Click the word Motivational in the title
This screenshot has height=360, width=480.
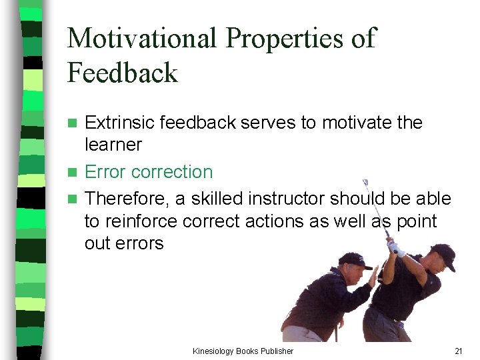point(142,39)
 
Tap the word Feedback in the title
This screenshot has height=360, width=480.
point(122,72)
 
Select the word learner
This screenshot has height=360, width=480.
point(113,144)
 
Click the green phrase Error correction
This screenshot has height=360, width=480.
point(149,171)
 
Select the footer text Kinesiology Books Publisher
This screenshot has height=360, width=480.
point(243,351)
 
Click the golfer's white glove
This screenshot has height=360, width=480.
point(396,248)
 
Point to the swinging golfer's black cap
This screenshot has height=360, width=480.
point(443,256)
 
